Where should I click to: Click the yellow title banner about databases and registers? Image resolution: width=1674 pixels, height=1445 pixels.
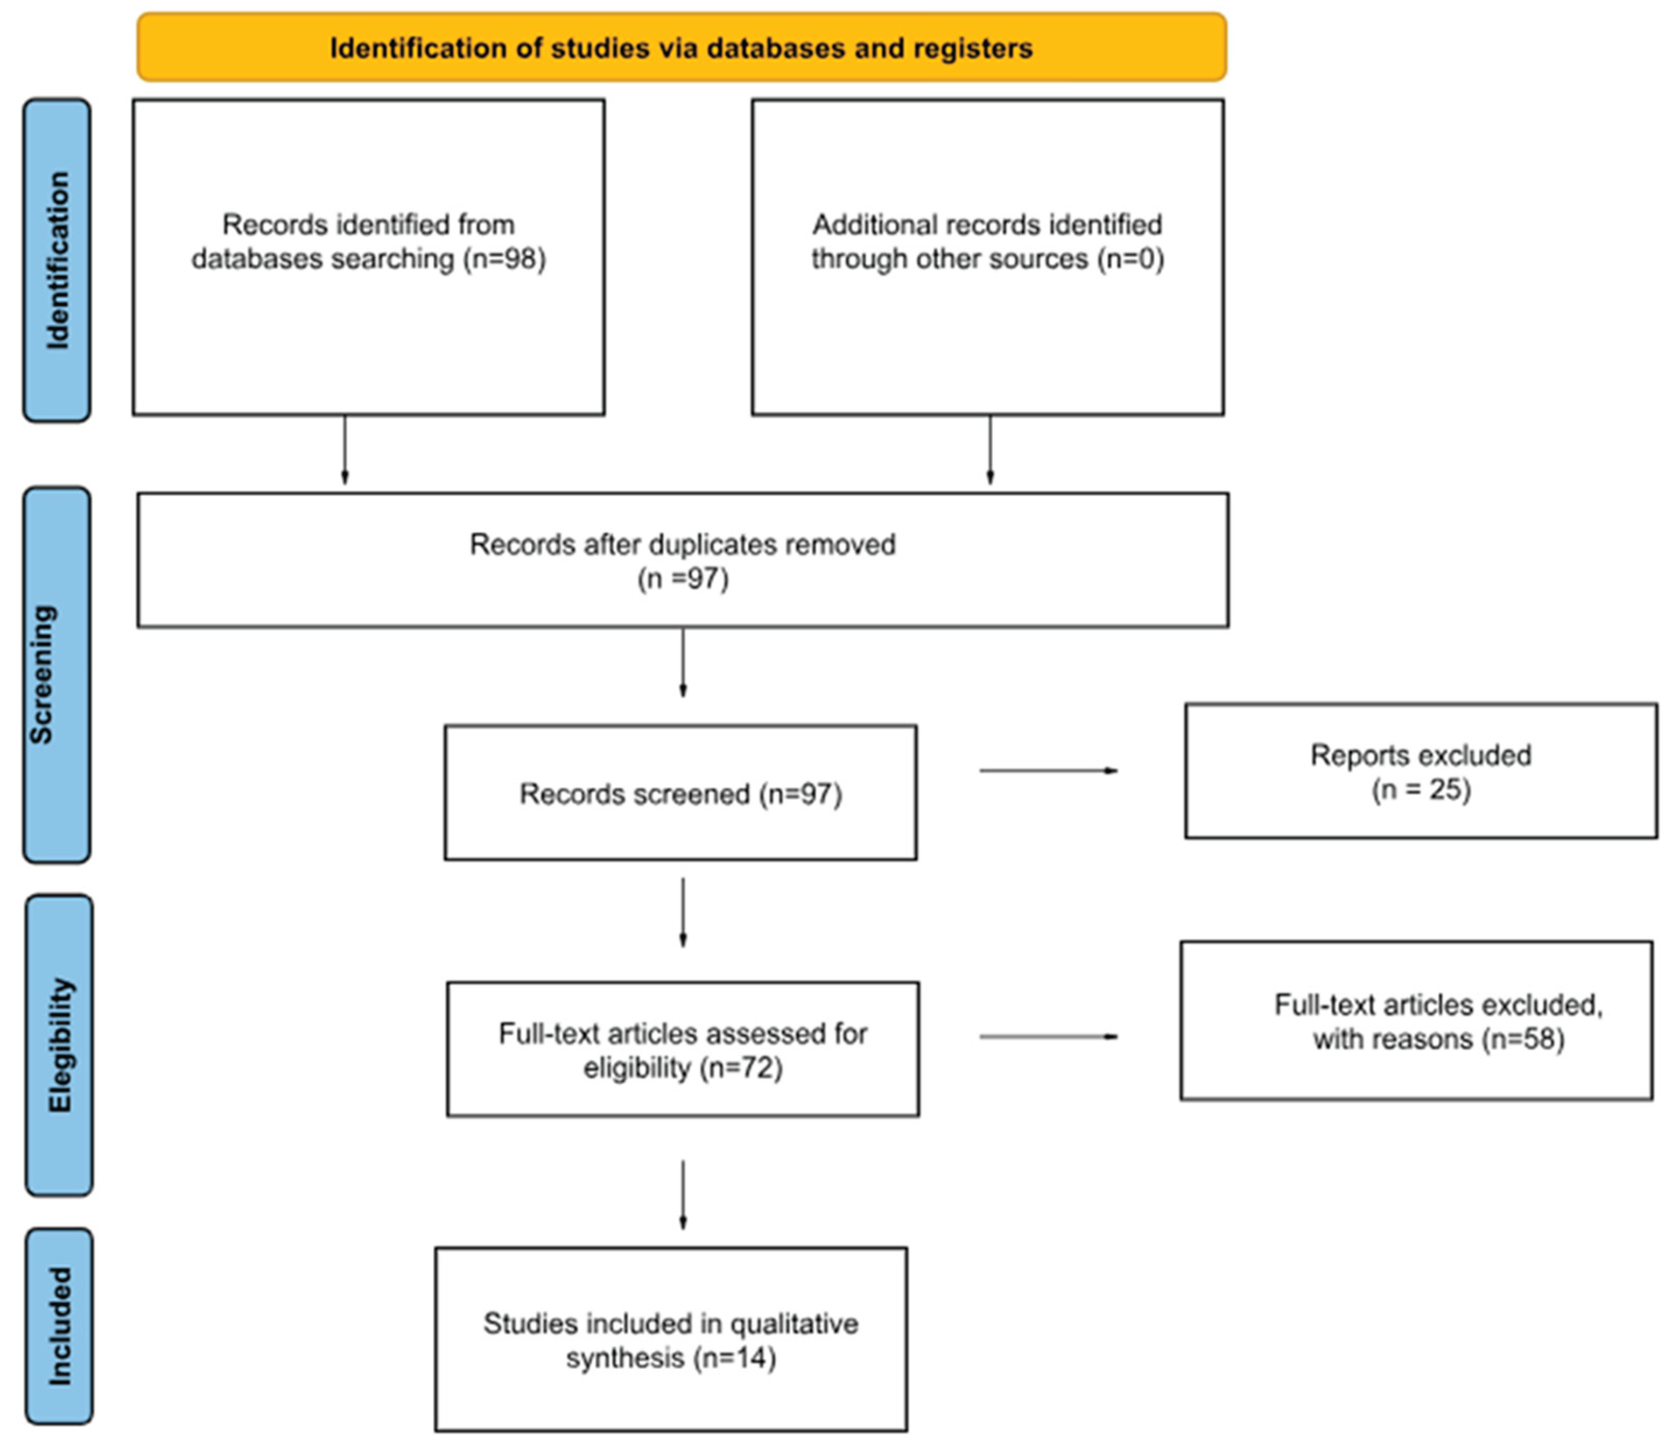(x=681, y=47)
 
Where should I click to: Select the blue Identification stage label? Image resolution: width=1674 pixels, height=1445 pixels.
(x=57, y=260)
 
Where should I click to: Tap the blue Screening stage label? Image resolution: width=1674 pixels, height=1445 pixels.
(x=57, y=674)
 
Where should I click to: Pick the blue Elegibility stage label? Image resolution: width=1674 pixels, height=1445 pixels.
(x=59, y=1045)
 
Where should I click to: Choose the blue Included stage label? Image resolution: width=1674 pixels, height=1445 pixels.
(x=59, y=1326)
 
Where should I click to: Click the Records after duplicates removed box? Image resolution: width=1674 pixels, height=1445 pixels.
(x=683, y=560)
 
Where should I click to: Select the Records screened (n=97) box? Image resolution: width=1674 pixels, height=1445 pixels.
(x=680, y=793)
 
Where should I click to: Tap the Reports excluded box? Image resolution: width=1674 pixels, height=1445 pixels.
(x=1420, y=771)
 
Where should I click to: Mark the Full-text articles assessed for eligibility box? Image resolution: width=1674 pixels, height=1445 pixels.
(x=683, y=1049)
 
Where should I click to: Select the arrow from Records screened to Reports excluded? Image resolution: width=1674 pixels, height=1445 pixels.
(x=1048, y=771)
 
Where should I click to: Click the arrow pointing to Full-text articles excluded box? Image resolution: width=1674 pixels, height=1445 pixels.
(x=1048, y=1036)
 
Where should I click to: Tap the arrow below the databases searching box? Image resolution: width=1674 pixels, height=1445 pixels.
(x=345, y=450)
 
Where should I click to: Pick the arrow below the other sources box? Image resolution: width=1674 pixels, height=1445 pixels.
(x=991, y=450)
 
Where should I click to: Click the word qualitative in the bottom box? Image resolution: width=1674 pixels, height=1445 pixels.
(x=793, y=1323)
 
